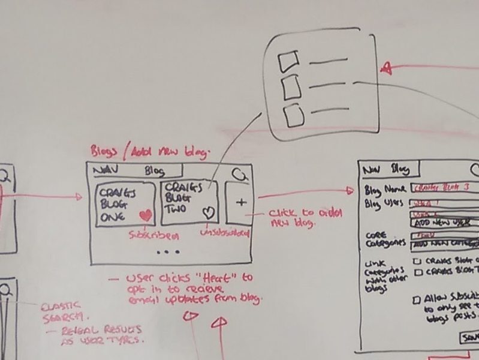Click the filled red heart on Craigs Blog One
144,215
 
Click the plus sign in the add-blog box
241,202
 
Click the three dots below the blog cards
168,253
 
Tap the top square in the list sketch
288,61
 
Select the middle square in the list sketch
291,87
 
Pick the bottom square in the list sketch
293,115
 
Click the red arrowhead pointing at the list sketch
387,68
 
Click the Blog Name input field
444,188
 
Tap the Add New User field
444,223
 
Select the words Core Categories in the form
384,239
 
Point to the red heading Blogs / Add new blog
149,152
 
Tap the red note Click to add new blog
294,218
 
